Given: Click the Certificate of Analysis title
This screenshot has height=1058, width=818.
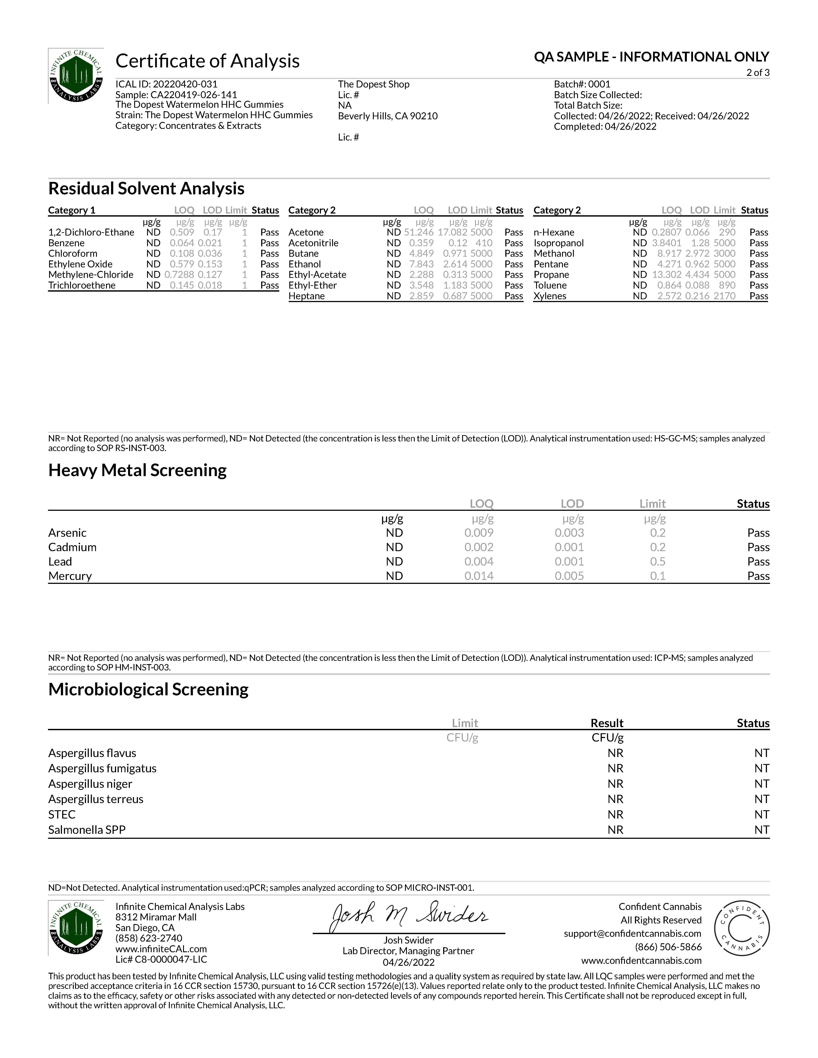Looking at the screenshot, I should click(x=208, y=61).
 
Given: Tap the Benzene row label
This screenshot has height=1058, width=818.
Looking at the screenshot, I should click(x=66, y=243).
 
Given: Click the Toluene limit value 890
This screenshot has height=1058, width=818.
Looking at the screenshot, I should click(x=727, y=285).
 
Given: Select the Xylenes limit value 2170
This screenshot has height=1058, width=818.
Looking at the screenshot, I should click(x=724, y=296).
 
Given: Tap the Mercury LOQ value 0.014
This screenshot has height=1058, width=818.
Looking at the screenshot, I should click(x=479, y=576).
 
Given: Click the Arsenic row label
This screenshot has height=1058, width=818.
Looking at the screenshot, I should click(x=67, y=533).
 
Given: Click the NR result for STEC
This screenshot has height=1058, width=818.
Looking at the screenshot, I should click(x=616, y=814).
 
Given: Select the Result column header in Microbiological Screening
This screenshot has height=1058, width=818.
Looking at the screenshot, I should click(x=607, y=723).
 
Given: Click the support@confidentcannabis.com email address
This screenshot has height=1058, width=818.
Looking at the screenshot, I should click(x=632, y=933).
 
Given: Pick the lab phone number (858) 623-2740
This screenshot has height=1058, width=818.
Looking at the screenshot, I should click(x=149, y=938).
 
